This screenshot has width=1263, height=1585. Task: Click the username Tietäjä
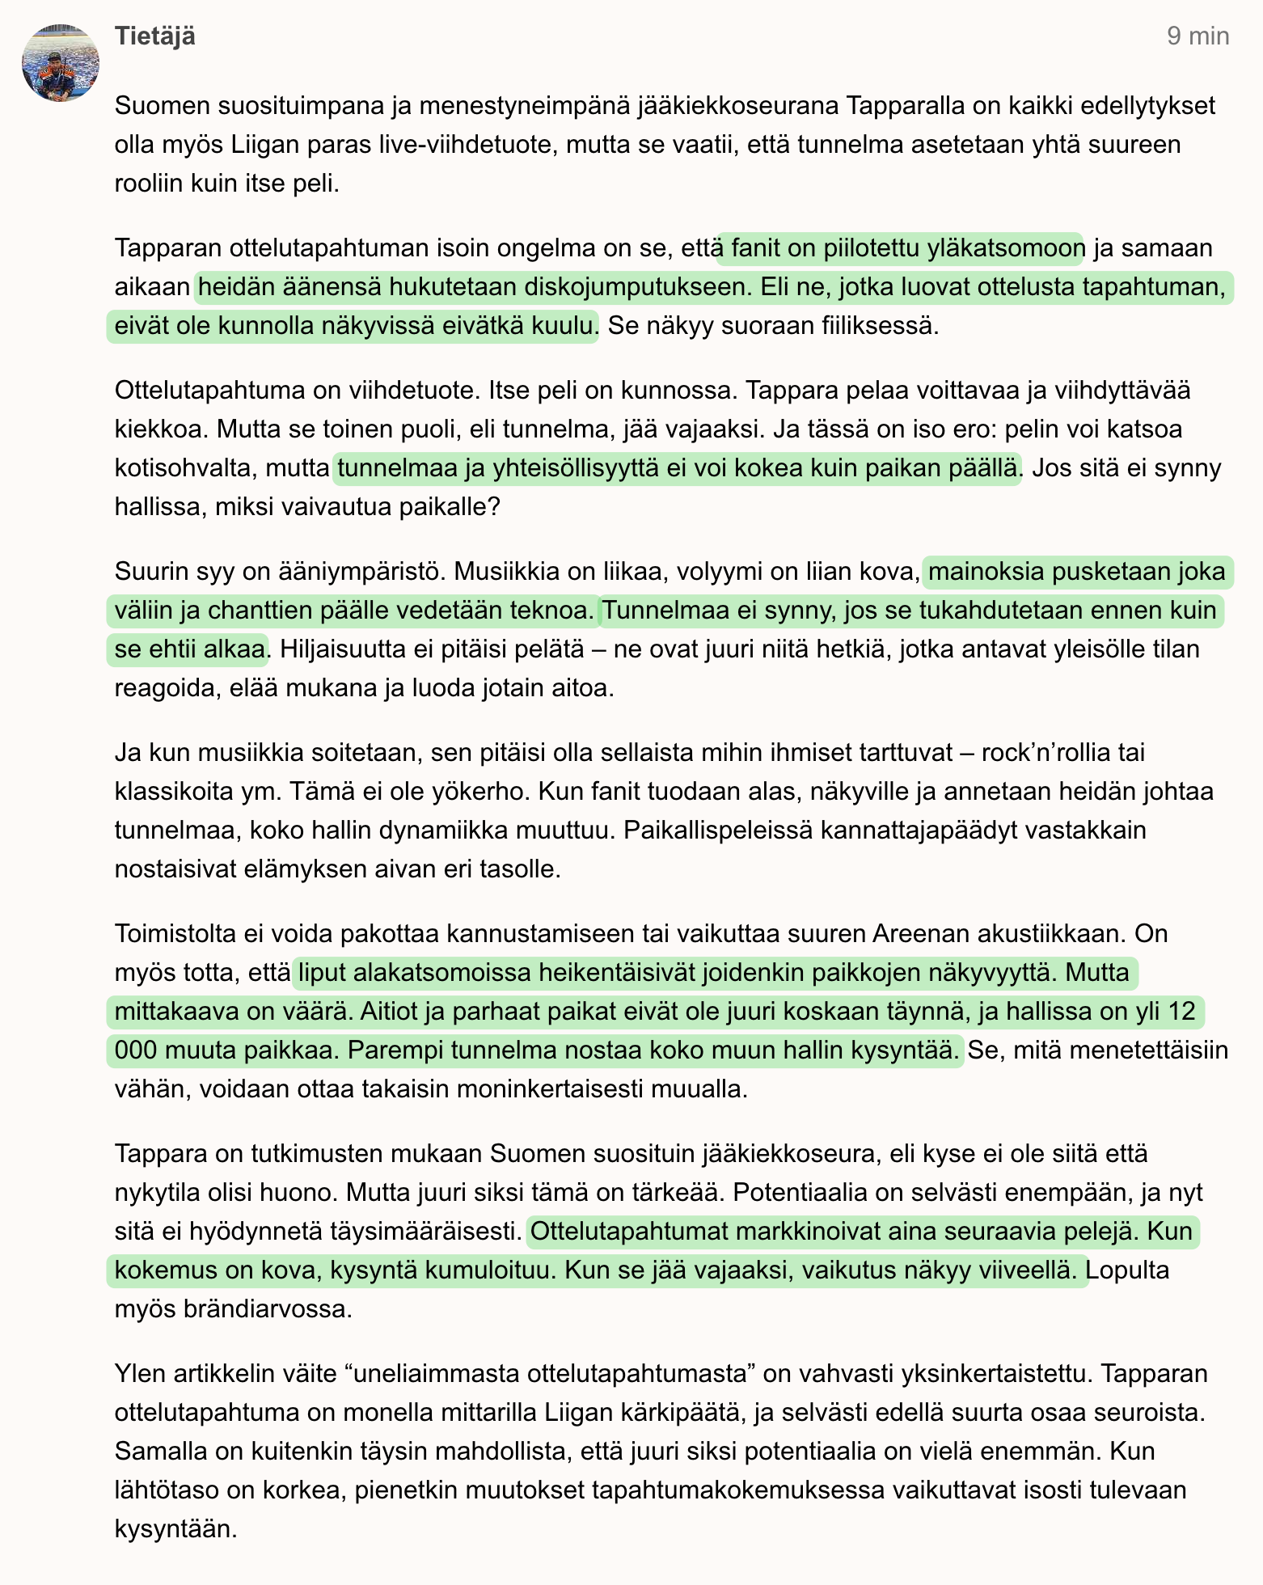(x=154, y=36)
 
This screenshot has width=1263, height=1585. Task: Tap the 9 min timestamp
(x=1198, y=36)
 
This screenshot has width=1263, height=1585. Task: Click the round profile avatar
(x=61, y=63)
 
